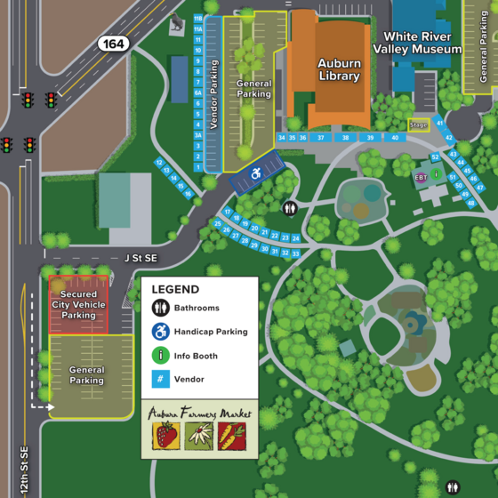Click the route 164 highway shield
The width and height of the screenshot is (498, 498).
[x=113, y=44]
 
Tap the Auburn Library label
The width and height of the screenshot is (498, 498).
[x=340, y=69]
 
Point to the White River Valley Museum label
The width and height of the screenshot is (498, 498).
[x=422, y=43]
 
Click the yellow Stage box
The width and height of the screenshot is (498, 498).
[x=419, y=125]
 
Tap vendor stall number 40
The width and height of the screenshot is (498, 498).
[x=394, y=138]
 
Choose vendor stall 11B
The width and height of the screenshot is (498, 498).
[x=197, y=18]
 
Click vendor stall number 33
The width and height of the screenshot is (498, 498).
[x=295, y=253]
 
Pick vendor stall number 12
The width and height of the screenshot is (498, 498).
[x=158, y=163]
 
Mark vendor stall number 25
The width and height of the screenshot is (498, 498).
[x=218, y=223]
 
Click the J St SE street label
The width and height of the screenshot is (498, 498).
[x=140, y=258]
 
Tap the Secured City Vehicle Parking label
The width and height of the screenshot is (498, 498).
[x=78, y=304]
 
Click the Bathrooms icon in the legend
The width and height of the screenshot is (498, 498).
[x=161, y=309]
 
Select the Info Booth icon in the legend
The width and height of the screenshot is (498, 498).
[x=161, y=356]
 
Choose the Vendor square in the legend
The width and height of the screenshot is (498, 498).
[x=161, y=380]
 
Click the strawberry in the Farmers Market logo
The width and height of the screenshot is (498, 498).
[x=165, y=436]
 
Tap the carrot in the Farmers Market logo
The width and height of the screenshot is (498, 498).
[x=231, y=436]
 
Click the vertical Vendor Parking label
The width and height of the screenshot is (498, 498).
[x=213, y=95]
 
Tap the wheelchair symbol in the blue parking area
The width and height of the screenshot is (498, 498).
[x=256, y=173]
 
